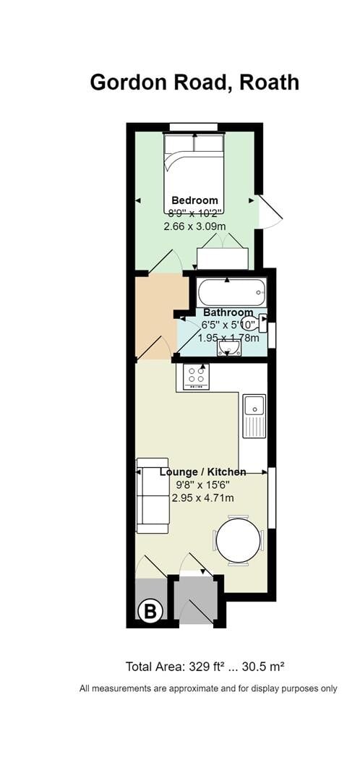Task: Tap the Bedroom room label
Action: click(194, 200)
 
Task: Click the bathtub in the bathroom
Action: click(231, 294)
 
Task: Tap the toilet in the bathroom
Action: click(254, 323)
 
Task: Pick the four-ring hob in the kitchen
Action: click(194, 376)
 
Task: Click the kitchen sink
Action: click(254, 416)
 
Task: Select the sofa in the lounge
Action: click(153, 495)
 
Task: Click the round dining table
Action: click(238, 540)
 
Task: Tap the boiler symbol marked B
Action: click(150, 611)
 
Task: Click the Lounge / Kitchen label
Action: click(202, 472)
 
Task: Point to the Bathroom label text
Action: click(228, 312)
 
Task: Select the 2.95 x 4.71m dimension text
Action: click(202, 498)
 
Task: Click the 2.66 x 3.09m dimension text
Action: click(194, 226)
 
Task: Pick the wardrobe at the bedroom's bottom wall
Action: click(223, 258)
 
